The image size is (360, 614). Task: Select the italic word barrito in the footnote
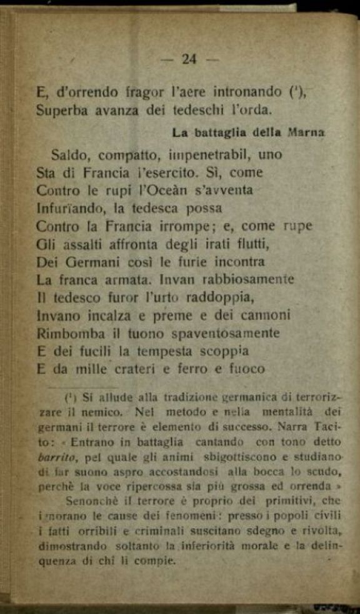point(54,456)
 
